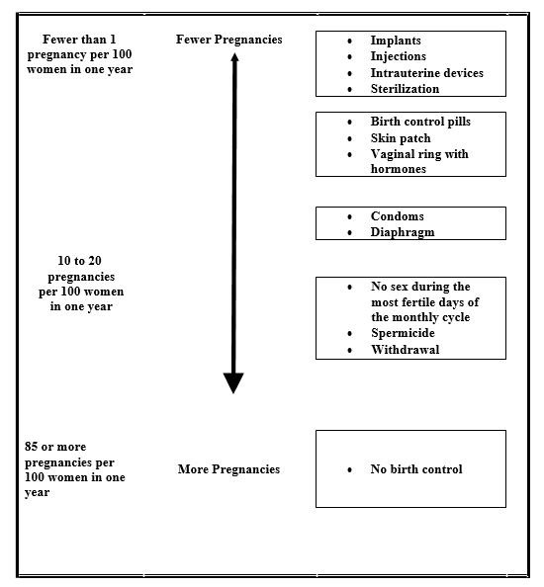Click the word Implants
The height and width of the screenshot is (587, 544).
click(396, 41)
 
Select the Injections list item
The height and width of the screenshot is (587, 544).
click(399, 56)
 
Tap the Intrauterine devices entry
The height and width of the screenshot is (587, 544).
click(426, 72)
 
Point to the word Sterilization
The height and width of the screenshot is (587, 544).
click(405, 89)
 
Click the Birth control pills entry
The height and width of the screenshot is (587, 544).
click(420, 122)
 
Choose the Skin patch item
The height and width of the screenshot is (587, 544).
click(401, 138)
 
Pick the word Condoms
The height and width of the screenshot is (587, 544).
click(398, 216)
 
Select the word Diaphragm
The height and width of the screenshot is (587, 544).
click(403, 232)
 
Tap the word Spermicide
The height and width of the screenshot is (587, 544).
click(403, 333)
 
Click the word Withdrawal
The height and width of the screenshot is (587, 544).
click(405, 349)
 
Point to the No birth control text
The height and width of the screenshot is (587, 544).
click(416, 469)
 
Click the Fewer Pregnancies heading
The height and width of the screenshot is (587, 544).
click(228, 40)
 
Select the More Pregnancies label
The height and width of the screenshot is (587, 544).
click(228, 469)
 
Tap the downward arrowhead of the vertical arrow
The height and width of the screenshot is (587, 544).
click(233, 392)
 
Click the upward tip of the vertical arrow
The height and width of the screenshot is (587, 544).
click(235, 53)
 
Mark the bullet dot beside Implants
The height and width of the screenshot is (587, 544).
click(349, 41)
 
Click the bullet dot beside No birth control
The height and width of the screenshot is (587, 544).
click(349, 469)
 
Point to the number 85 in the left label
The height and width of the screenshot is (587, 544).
click(31, 447)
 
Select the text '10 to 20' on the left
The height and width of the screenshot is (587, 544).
click(79, 261)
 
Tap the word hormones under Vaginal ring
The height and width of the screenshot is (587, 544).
click(399, 169)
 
